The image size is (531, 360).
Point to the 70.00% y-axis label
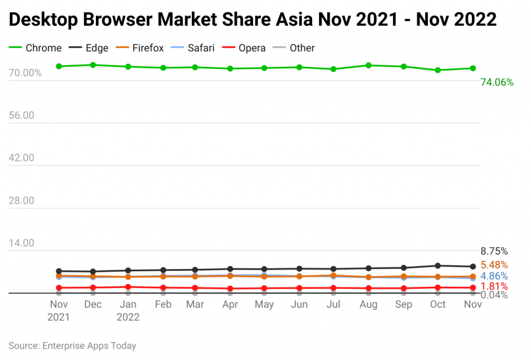tap(25, 73)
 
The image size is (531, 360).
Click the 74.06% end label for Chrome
tap(497, 82)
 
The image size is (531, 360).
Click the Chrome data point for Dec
tap(93, 65)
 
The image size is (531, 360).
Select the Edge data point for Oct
tap(438, 266)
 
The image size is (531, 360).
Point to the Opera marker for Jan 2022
tap(128, 287)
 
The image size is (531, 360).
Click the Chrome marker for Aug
tap(368, 65)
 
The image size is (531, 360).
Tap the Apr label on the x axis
tap(230, 304)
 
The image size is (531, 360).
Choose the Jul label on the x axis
tap(333, 304)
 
